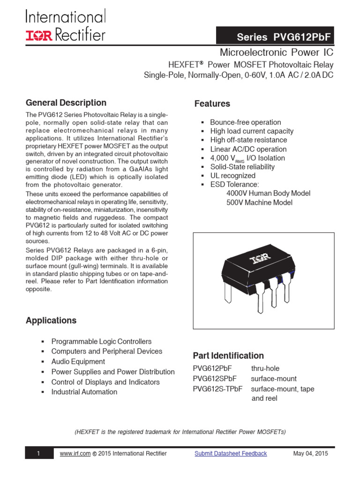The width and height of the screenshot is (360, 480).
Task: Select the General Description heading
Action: click(66, 103)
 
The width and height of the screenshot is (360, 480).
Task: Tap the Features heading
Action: click(212, 104)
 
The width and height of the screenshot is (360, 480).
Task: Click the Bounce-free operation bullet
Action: click(245, 122)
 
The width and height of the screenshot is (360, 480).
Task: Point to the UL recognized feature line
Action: click(232, 176)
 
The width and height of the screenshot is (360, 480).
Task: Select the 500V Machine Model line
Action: click(259, 202)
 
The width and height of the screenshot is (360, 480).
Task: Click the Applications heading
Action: click(51, 321)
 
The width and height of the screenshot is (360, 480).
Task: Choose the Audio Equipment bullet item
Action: click(78, 361)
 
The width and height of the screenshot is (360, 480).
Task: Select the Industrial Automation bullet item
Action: click(84, 392)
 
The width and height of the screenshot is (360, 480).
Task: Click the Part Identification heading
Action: click(228, 355)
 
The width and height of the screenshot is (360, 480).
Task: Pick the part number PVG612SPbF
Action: click(215, 379)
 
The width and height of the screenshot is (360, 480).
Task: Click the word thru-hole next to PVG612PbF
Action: click(265, 368)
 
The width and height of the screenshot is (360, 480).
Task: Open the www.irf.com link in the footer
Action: click(74, 453)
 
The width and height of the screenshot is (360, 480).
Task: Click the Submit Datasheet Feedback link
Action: click(231, 453)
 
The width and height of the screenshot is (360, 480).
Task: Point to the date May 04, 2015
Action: click(310, 453)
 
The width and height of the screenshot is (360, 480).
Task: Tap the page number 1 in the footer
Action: click(38, 453)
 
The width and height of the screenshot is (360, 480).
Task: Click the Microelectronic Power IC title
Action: click(277, 52)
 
